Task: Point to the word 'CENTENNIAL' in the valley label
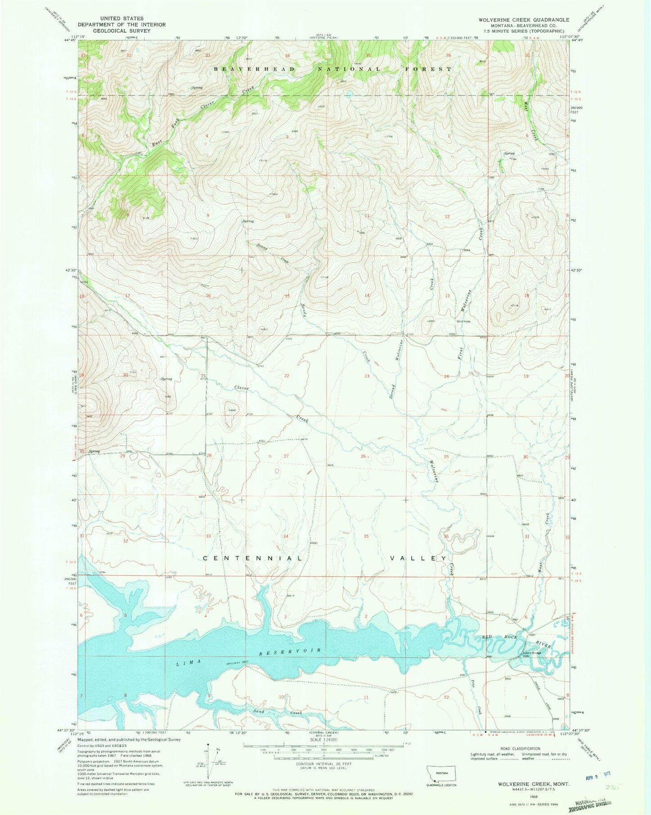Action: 252,559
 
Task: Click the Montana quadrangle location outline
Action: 441,774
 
